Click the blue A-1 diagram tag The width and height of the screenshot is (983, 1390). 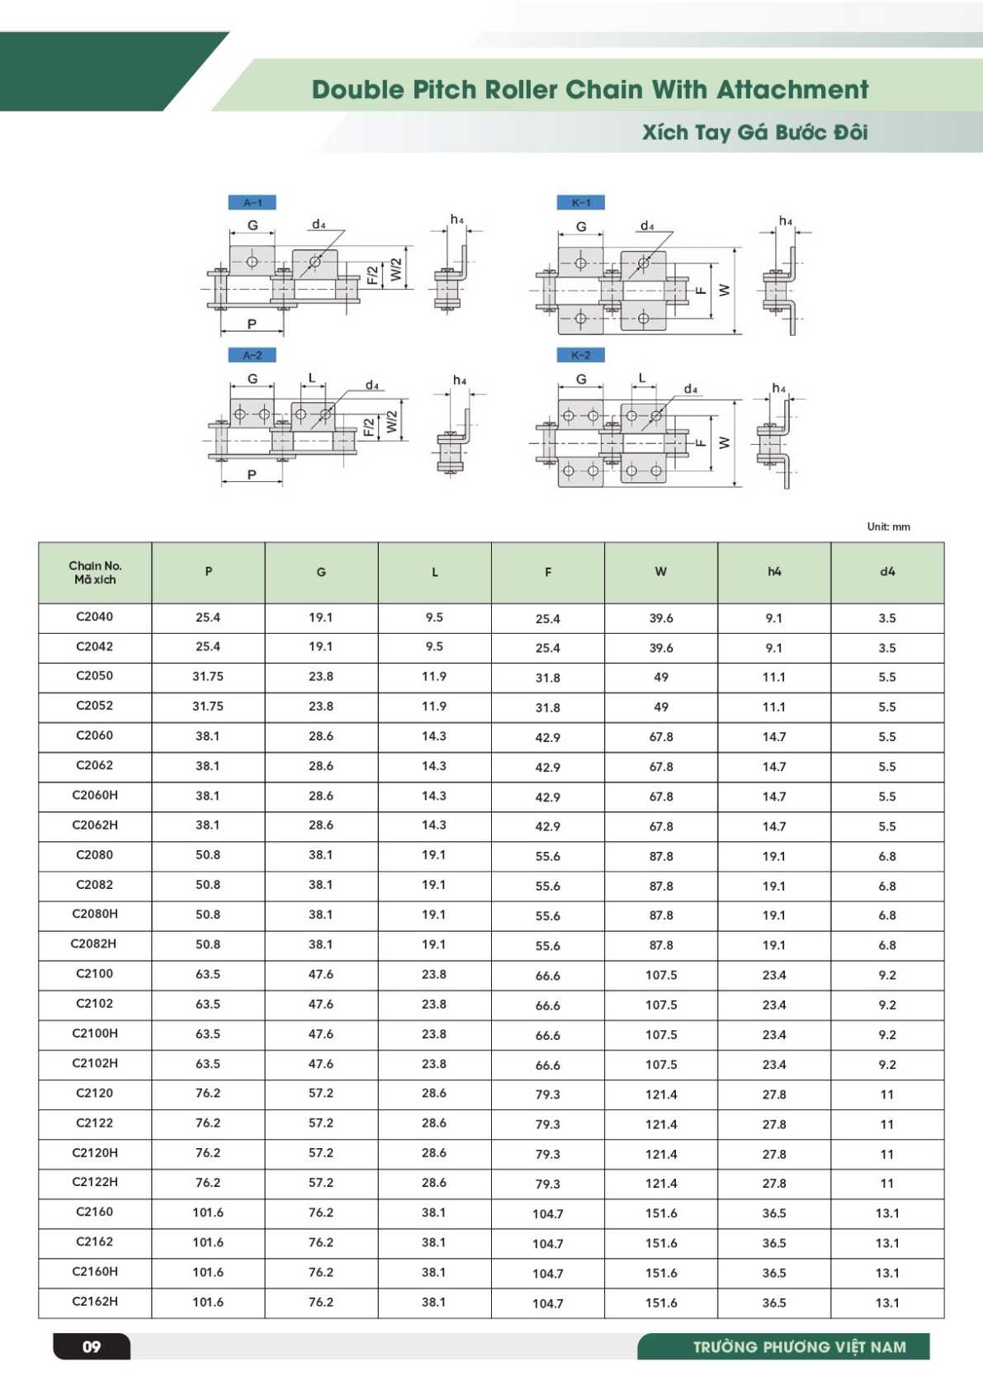pos(252,202)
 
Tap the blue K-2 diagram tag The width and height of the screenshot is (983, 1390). pos(580,355)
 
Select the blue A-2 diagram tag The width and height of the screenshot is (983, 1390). pos(252,355)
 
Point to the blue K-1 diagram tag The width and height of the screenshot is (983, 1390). pos(580,202)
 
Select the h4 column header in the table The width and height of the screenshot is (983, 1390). pos(774,571)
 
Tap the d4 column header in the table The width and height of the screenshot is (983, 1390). pos(887,571)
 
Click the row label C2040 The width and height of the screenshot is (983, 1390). pos(95,617)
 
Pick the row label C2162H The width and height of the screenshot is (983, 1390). pos(95,1302)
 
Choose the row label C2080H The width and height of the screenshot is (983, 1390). pos(95,914)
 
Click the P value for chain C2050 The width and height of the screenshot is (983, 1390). pos(208,676)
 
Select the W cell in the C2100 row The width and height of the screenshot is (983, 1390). pos(661,975)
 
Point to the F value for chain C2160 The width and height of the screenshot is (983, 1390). pos(548,1213)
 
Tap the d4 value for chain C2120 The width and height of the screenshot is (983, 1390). pos(887,1095)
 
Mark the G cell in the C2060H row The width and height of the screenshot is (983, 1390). pos(321,796)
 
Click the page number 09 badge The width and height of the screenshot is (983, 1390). pos(92,1347)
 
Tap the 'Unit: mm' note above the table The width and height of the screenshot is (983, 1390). pos(888,527)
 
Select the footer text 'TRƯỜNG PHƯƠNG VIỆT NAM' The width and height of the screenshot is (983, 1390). pos(799,1347)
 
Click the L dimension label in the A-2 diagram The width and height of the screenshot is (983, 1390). pos(311,378)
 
